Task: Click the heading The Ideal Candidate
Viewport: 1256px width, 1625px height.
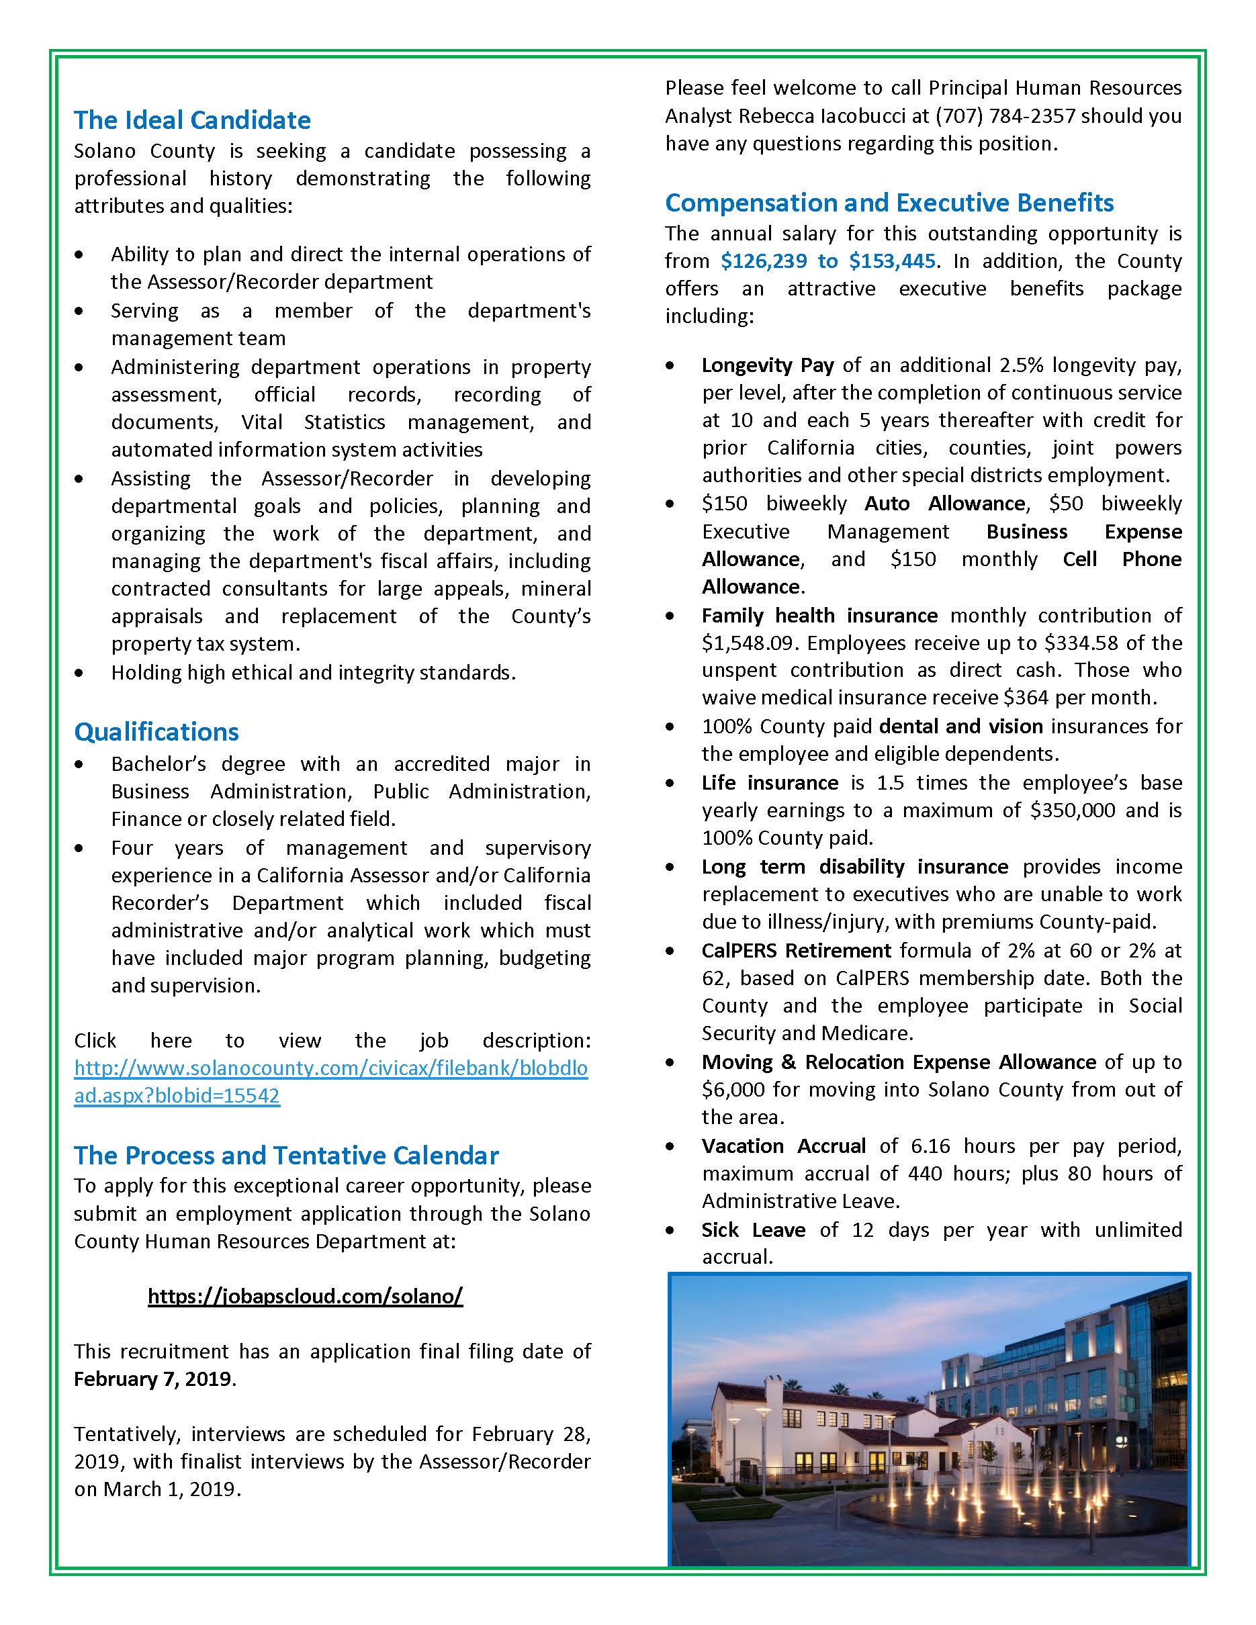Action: [x=192, y=120]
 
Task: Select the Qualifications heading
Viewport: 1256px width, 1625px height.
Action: [x=156, y=731]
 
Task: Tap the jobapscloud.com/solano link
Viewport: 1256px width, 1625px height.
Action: [x=305, y=1296]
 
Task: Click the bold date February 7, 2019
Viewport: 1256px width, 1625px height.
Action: [x=153, y=1379]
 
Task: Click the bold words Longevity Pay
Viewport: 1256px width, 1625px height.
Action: [x=767, y=365]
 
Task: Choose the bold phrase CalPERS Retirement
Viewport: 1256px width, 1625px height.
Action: [x=795, y=950]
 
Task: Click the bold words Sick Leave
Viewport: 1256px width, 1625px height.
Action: [x=752, y=1229]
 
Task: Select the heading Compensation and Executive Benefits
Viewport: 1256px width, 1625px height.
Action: [x=889, y=202]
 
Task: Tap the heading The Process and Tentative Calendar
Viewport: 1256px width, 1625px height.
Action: [x=285, y=1155]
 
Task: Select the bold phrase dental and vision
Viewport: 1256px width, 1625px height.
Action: [x=960, y=726]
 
